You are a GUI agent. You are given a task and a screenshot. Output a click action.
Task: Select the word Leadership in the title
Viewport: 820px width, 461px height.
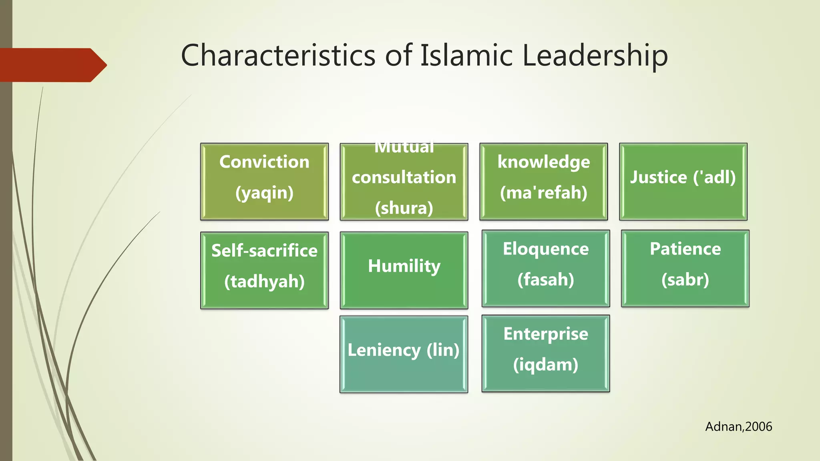[595, 56]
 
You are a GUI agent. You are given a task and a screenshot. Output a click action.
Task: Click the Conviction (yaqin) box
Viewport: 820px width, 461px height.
[264, 182]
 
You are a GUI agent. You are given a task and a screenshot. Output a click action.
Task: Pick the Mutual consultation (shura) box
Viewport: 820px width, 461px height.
[404, 182]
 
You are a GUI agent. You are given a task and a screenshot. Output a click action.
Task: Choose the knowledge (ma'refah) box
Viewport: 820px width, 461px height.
[544, 182]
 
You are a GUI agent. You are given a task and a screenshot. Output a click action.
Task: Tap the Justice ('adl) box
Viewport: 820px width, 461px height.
[683, 182]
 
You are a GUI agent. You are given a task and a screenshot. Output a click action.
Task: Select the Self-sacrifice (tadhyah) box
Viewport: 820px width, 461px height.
[264, 271]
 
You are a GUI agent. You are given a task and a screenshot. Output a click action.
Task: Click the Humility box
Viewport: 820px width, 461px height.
[404, 271]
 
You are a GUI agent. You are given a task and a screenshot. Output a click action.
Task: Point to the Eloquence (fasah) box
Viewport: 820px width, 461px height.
[546, 269]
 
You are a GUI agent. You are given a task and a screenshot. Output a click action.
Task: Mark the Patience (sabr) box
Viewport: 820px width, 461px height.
[685, 269]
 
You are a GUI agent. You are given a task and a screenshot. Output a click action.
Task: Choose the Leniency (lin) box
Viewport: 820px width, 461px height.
[404, 354]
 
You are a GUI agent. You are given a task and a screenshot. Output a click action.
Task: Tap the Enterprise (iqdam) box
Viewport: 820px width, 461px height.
[546, 353]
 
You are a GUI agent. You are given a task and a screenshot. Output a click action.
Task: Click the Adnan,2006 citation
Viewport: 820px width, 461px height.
[738, 427]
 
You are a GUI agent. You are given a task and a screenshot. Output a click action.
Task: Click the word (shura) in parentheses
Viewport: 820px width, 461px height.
[404, 208]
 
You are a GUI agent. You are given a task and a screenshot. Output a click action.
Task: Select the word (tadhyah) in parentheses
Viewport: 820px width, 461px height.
[264, 281]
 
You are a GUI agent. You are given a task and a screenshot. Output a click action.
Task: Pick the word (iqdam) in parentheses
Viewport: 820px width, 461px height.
[546, 365]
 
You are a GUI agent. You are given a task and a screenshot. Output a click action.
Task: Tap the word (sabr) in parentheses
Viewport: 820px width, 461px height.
[685, 279]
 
